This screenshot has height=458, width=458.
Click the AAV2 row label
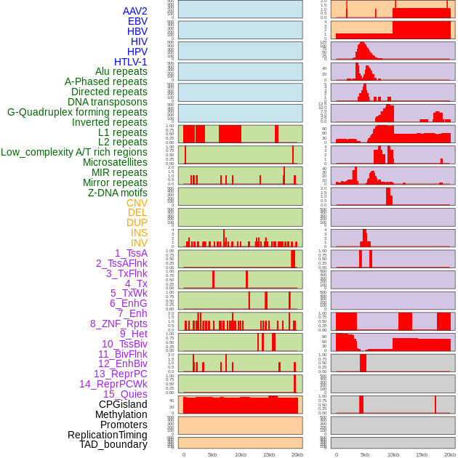[134, 11]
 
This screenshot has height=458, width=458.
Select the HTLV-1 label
[130, 62]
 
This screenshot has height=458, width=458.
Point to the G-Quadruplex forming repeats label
[77, 112]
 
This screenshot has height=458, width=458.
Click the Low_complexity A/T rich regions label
[73, 152]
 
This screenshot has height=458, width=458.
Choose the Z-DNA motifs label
[117, 193]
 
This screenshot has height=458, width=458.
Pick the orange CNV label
[137, 203]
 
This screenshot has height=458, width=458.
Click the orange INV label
[139, 243]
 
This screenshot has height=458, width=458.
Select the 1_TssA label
[131, 253]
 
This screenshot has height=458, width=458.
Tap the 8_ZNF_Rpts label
[118, 324]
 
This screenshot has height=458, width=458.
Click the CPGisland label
[123, 404]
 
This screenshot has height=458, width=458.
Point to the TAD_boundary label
[113, 444]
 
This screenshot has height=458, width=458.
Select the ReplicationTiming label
[107, 435]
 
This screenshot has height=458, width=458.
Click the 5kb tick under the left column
[212, 454]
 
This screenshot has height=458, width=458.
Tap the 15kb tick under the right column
[422, 454]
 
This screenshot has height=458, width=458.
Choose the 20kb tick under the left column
[297, 454]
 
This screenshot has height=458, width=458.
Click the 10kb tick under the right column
[393, 454]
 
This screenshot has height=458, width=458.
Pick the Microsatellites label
[115, 162]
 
